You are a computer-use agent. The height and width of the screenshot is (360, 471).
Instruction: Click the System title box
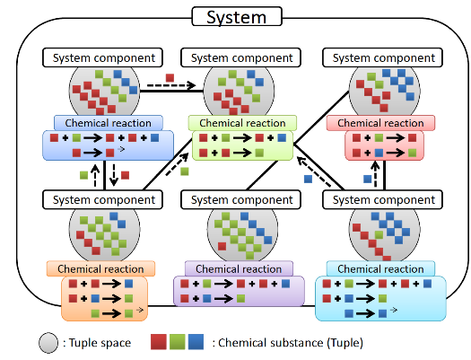[x=237, y=17]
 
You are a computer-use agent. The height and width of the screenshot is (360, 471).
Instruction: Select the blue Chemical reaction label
[x=109, y=123]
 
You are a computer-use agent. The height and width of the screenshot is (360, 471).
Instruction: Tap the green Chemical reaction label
[x=242, y=123]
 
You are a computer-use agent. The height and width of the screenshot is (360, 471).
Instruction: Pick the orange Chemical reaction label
[x=100, y=268]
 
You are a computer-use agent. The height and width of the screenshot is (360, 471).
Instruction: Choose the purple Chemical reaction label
[x=239, y=268]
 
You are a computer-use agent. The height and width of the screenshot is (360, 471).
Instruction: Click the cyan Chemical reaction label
[x=380, y=268]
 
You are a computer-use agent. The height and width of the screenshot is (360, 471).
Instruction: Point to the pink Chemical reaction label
[x=380, y=123]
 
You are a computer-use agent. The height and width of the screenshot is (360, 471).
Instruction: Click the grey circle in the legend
[x=48, y=343]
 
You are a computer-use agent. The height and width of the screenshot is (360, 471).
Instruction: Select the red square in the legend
[x=159, y=342]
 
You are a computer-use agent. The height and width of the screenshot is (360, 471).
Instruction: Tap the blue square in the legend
[x=196, y=342]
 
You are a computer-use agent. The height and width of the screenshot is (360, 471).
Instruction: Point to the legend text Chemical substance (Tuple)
[x=291, y=343]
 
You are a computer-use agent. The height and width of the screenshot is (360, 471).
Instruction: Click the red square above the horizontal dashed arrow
[x=170, y=78]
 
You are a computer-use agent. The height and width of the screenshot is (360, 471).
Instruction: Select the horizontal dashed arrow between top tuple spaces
[x=171, y=85]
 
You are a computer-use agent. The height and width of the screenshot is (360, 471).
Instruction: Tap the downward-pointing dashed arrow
[x=114, y=175]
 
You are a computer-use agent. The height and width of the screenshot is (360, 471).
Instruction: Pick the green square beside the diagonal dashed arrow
[x=185, y=171]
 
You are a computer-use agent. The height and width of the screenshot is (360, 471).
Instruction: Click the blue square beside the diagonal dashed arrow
[x=309, y=179]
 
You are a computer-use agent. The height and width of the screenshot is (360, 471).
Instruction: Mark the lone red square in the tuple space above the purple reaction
[x=222, y=246]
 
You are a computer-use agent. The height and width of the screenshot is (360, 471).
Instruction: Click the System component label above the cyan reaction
[x=382, y=199]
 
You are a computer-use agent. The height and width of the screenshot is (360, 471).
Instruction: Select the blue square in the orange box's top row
[x=129, y=284]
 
